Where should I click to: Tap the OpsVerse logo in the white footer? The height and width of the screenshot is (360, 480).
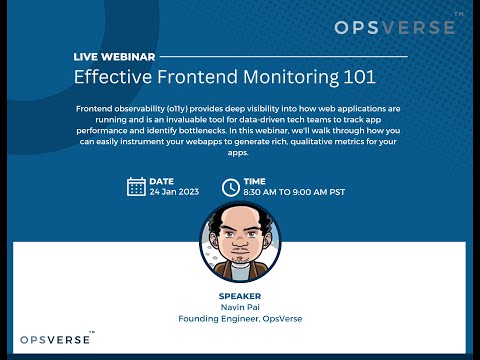tap(55, 339)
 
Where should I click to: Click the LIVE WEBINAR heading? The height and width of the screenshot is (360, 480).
tap(114, 58)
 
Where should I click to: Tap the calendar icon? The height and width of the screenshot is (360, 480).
tap(137, 186)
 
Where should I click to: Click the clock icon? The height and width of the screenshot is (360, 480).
tap(230, 186)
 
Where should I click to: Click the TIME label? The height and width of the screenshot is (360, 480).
tap(254, 181)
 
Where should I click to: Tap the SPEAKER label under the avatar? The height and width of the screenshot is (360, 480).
tap(239, 296)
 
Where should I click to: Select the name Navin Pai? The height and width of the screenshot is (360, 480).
tap(239, 308)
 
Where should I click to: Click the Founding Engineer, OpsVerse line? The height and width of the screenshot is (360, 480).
tap(239, 319)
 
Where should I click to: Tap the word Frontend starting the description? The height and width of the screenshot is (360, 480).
tap(95, 107)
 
